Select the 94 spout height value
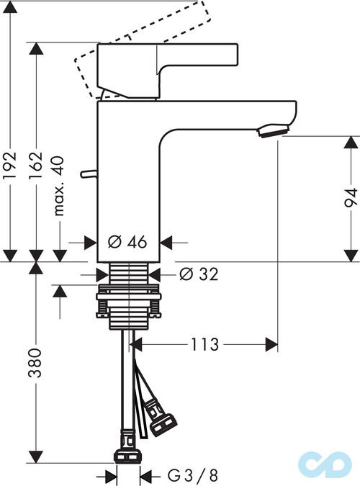(x=350, y=197)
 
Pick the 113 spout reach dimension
(x=204, y=345)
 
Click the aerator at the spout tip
(x=274, y=130)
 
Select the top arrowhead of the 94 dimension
(x=350, y=141)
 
